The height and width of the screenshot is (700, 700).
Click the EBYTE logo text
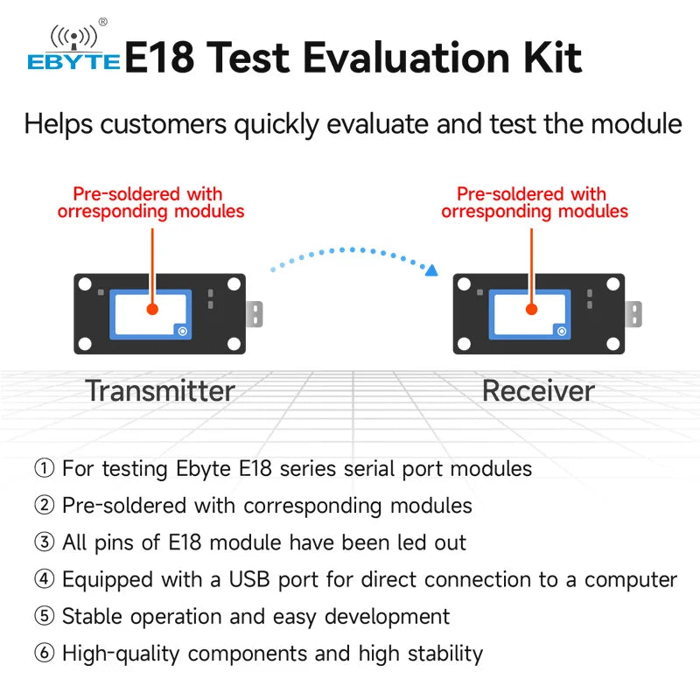point(73,62)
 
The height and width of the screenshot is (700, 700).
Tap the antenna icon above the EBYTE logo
point(73,38)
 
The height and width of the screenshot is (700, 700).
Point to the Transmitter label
point(160,390)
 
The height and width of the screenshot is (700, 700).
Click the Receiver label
point(538,390)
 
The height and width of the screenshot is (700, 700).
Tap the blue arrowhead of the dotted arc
point(431,270)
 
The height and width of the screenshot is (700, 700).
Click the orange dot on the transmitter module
point(152,309)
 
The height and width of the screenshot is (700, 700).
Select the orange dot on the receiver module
point(531,309)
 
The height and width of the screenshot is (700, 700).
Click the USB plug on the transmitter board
point(255,314)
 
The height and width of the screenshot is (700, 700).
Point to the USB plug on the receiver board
point(633,314)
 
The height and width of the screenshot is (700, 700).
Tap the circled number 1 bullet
point(45,468)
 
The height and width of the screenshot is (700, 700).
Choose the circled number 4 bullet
point(45,579)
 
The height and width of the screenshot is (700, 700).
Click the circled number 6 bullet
point(45,653)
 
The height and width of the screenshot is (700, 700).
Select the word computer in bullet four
point(631,580)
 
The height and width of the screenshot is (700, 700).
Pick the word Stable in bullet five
point(92,617)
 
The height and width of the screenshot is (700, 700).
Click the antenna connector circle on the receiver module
point(562,332)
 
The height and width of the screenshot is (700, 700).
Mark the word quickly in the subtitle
point(276,125)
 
